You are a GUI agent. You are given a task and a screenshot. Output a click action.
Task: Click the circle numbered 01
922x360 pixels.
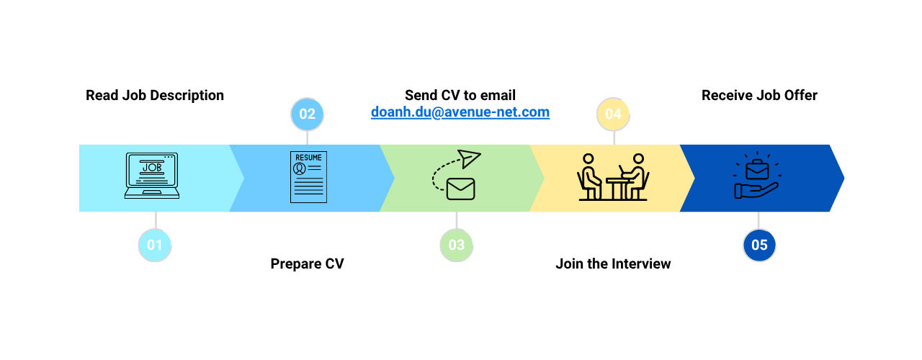(x=155, y=245)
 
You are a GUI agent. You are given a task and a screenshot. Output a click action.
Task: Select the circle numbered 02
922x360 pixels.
(x=307, y=114)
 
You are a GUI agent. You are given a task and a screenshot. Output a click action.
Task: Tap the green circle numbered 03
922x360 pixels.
(x=457, y=245)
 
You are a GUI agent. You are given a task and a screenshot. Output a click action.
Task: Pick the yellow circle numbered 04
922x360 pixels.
(x=613, y=114)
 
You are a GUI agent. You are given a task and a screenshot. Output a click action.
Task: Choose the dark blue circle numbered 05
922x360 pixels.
(x=759, y=245)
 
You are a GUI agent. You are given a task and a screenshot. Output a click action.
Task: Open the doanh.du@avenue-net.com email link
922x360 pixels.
(x=460, y=112)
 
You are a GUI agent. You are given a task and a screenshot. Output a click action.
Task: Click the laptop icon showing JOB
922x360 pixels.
(x=152, y=176)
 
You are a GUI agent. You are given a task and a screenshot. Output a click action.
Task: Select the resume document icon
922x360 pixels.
(x=308, y=177)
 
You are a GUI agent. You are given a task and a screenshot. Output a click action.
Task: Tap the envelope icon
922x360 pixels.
(x=460, y=189)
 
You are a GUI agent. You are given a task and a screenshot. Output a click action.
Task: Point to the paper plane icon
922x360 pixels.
(x=469, y=158)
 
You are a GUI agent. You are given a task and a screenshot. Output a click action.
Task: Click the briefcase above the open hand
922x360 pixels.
(x=757, y=171)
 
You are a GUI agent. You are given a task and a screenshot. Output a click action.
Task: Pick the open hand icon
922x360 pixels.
(x=756, y=190)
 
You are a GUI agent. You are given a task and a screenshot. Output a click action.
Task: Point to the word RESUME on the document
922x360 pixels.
(x=308, y=158)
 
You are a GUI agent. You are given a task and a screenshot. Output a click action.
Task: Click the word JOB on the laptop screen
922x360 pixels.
(x=152, y=168)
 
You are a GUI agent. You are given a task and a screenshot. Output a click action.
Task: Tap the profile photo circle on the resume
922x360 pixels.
(x=299, y=168)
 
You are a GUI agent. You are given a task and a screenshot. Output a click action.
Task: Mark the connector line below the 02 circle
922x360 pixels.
(x=308, y=137)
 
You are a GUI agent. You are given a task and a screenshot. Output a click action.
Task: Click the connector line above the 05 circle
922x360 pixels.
(x=758, y=220)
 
